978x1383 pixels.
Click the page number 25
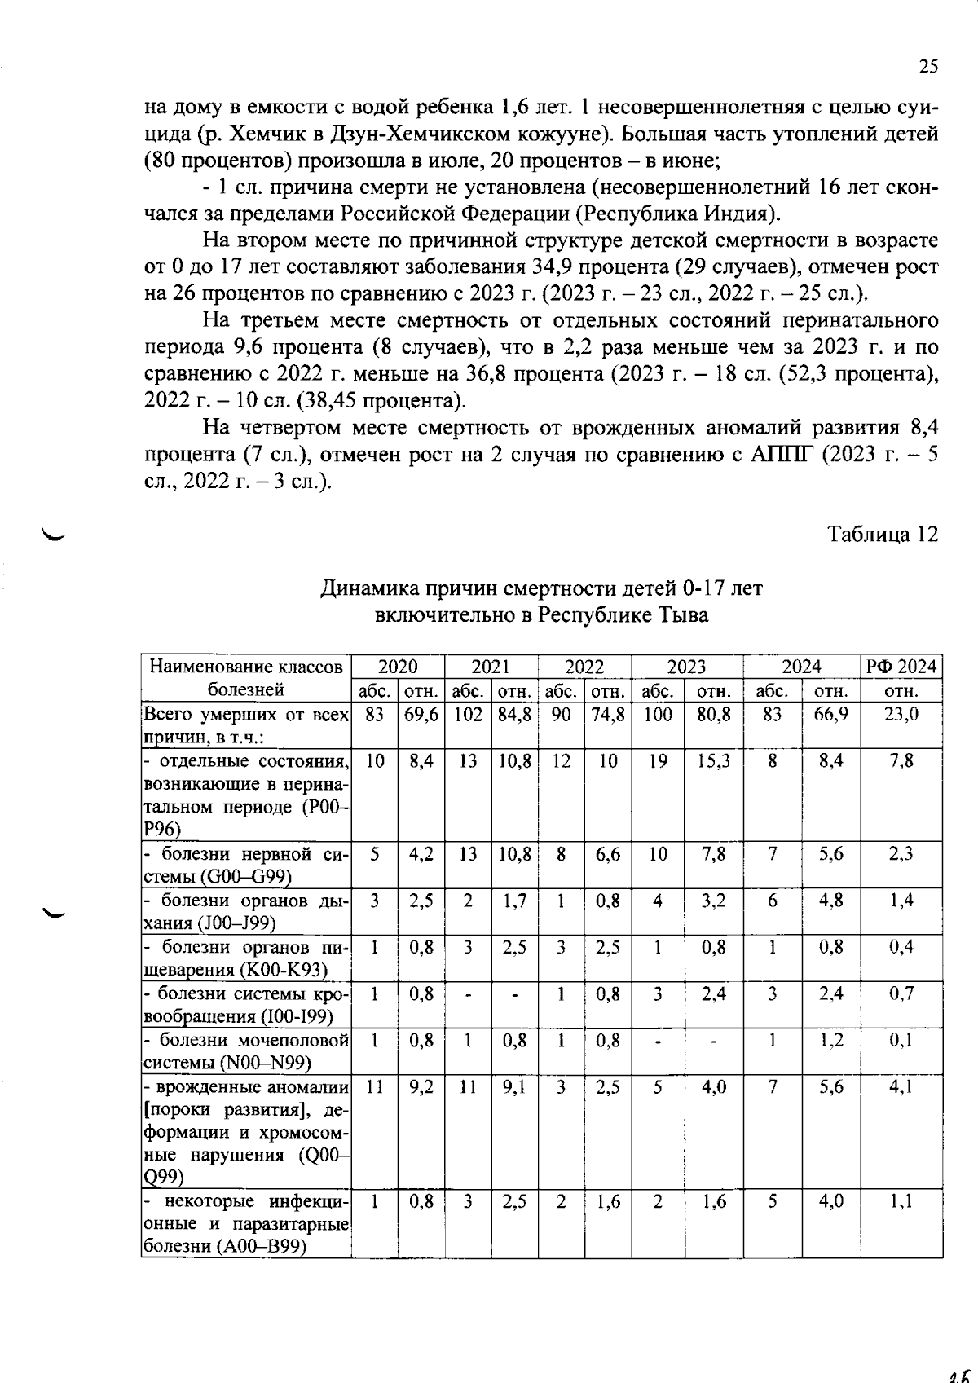(928, 67)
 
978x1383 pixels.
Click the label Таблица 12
(883, 535)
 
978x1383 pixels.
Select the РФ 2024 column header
(901, 667)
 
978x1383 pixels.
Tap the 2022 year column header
(584, 667)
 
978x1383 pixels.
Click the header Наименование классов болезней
(245, 678)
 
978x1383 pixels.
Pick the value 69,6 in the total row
(421, 715)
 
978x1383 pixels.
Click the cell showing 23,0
(901, 715)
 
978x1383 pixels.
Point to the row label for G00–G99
(245, 865)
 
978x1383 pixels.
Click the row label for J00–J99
(245, 912)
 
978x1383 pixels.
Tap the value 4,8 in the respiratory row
(830, 901)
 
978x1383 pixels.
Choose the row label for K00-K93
(245, 958)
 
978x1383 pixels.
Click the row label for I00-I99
(245, 1005)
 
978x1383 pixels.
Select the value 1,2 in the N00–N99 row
(830, 1041)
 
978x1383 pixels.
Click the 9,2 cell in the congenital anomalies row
(421, 1086)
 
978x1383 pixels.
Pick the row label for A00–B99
(245, 1224)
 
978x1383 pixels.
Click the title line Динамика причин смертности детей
(541, 588)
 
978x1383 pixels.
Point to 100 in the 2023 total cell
(658, 715)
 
